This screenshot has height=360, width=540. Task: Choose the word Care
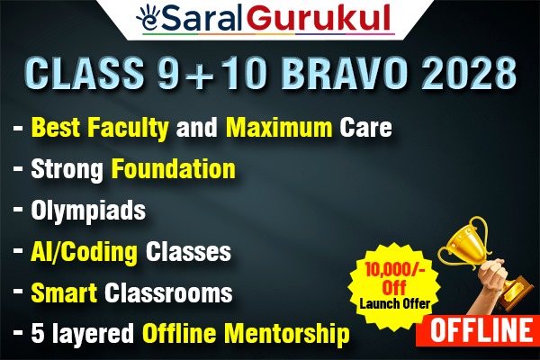point(364,129)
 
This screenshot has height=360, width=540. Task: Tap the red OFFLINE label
point(481,330)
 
